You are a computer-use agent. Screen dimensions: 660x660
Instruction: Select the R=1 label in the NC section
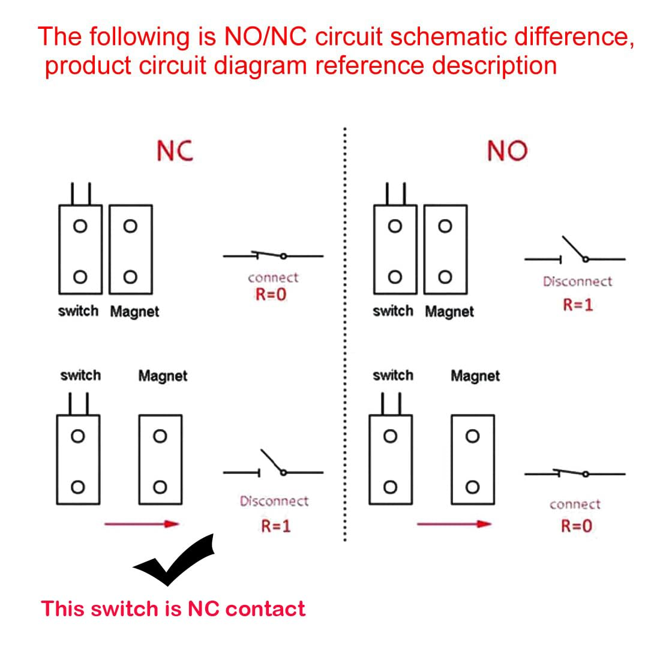(275, 526)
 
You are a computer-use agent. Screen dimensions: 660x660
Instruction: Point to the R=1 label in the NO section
(577, 305)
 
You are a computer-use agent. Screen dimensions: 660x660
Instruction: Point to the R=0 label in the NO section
(576, 526)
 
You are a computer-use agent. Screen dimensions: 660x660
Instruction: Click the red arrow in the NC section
(142, 524)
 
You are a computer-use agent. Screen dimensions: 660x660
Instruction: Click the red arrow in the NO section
(454, 524)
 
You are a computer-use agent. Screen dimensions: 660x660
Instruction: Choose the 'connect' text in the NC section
(273, 278)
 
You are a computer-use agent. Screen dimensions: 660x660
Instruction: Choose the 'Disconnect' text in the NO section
(577, 281)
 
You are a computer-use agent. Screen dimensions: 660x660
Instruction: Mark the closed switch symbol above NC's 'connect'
(273, 256)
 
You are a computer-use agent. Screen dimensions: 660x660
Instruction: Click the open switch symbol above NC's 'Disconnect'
(273, 466)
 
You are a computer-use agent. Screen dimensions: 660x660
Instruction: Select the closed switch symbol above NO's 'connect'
(575, 473)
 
